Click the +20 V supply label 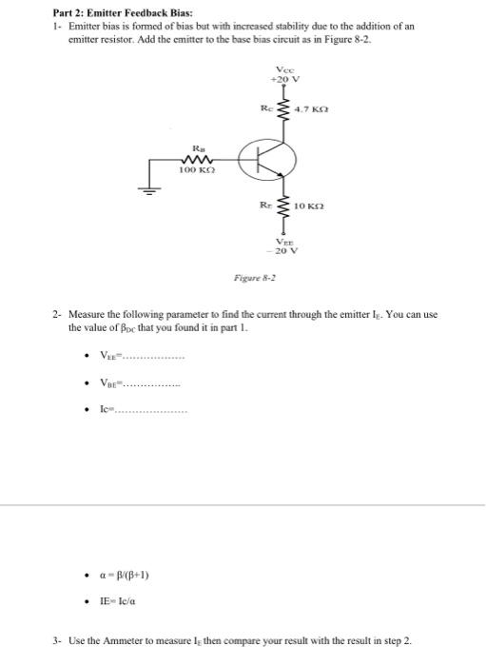tap(285, 78)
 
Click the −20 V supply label tap(285, 252)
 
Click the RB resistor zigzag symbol tap(199, 159)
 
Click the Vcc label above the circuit tap(284, 69)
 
